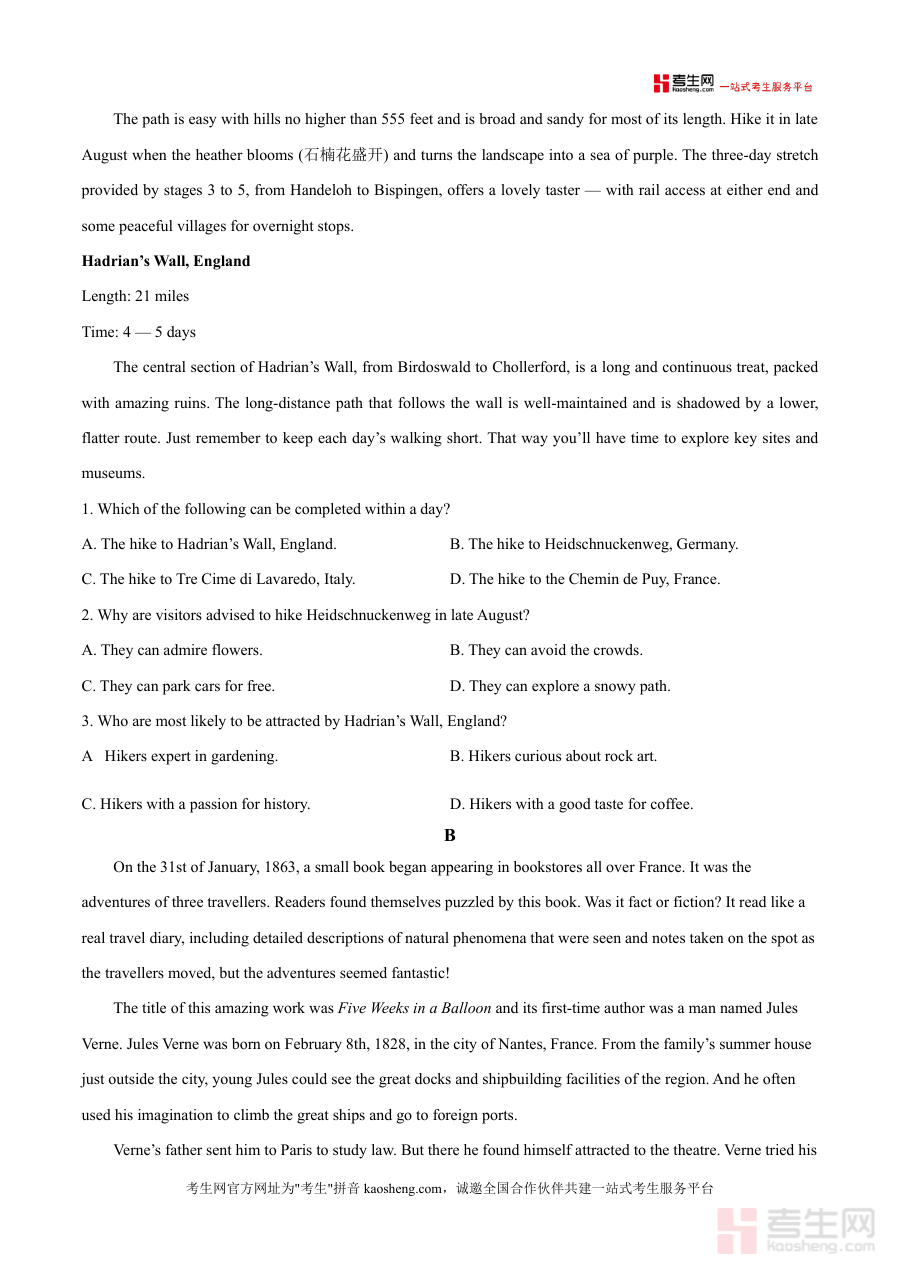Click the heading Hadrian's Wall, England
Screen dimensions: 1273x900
click(x=166, y=261)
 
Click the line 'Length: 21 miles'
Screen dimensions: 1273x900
click(x=135, y=296)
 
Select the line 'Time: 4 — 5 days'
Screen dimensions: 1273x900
click(x=139, y=332)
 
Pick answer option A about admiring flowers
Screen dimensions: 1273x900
click(x=172, y=650)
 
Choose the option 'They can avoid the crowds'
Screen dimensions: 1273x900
click(x=546, y=650)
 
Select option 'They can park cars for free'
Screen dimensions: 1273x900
click(x=178, y=686)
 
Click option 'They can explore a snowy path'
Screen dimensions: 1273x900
click(x=560, y=686)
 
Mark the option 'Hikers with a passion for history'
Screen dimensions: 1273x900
click(x=196, y=804)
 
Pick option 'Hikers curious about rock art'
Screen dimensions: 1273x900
click(x=553, y=756)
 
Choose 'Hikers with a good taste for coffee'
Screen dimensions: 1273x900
click(x=571, y=804)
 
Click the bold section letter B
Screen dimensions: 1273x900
click(x=450, y=835)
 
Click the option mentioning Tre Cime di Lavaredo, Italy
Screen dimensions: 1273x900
click(x=218, y=579)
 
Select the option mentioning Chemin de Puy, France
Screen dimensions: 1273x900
click(x=585, y=579)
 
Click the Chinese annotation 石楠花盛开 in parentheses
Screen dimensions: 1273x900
click(x=344, y=155)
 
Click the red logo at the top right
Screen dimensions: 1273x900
click(x=684, y=84)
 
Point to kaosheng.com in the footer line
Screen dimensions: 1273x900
click(x=402, y=1188)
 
